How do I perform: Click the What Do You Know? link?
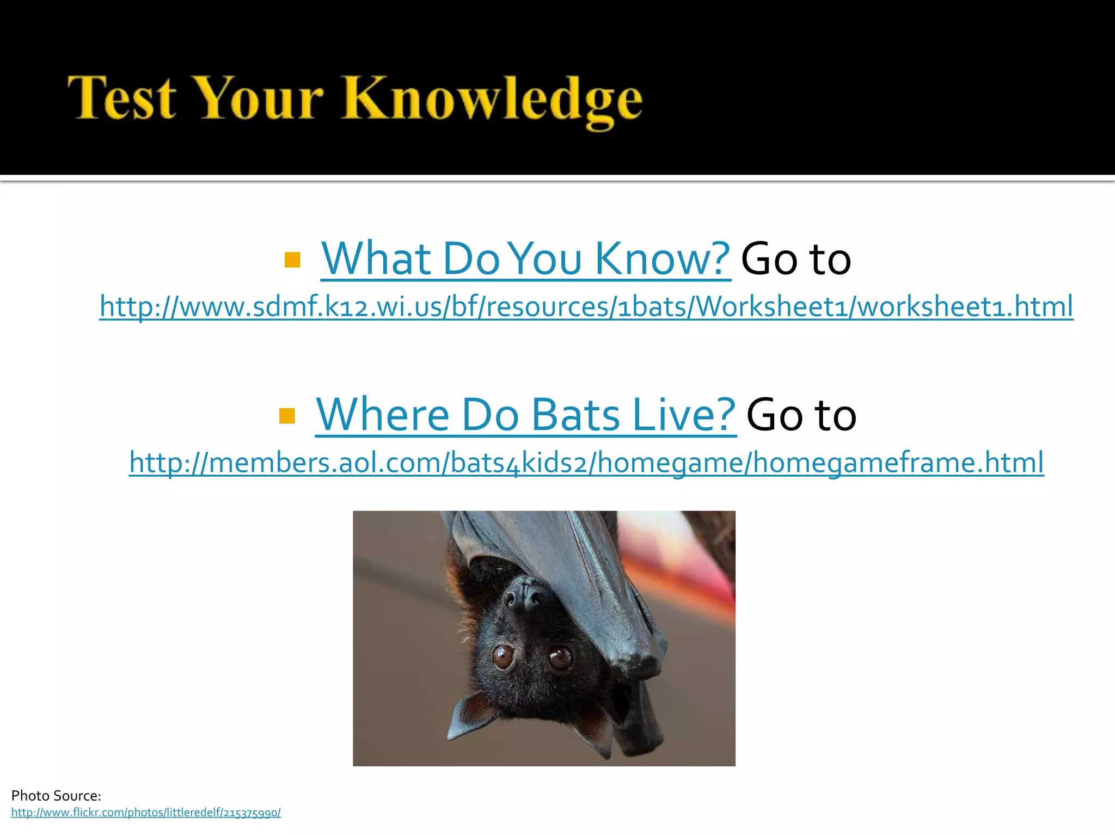(x=525, y=259)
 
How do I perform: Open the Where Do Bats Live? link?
(x=525, y=415)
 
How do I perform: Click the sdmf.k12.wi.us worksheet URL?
(x=586, y=306)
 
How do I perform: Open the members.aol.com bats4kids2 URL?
(x=586, y=463)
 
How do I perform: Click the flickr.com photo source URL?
(x=146, y=813)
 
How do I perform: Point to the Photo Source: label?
(x=56, y=796)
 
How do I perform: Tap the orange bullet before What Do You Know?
(x=292, y=260)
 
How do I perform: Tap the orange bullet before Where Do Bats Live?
(x=287, y=416)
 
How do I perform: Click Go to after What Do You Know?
(x=795, y=259)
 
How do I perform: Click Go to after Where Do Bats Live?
(x=801, y=415)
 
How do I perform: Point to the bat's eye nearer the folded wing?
(x=559, y=657)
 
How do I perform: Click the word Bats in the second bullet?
(x=575, y=415)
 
